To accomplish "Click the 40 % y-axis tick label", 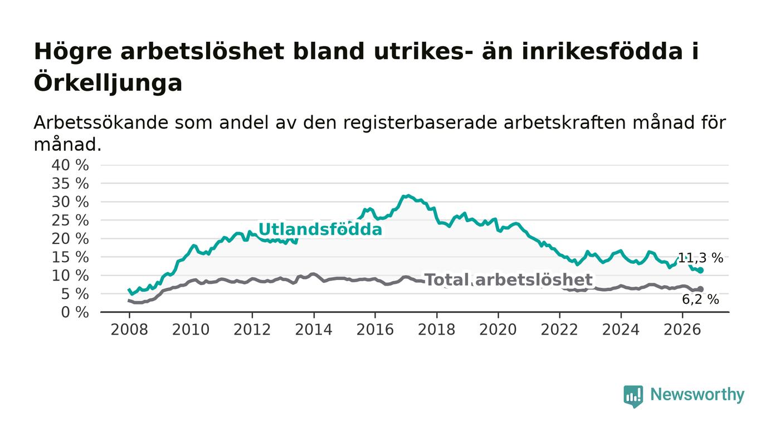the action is pos(70,165).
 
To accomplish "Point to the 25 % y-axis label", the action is pos(70,220).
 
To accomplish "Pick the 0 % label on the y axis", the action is pos(75,312).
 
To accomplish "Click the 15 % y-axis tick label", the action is pos(70,257).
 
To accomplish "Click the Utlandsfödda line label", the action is pos(320,229).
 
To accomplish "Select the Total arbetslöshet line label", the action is pos(509,280).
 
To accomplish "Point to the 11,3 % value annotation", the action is pos(700,258).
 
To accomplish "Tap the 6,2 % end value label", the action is pos(700,299).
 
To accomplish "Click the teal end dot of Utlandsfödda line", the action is pos(701,271).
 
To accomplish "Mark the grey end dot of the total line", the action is pos(701,289).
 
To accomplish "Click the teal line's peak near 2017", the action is pos(408,195).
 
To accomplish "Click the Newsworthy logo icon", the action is pos(633,396).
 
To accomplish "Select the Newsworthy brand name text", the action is pos(697,395).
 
